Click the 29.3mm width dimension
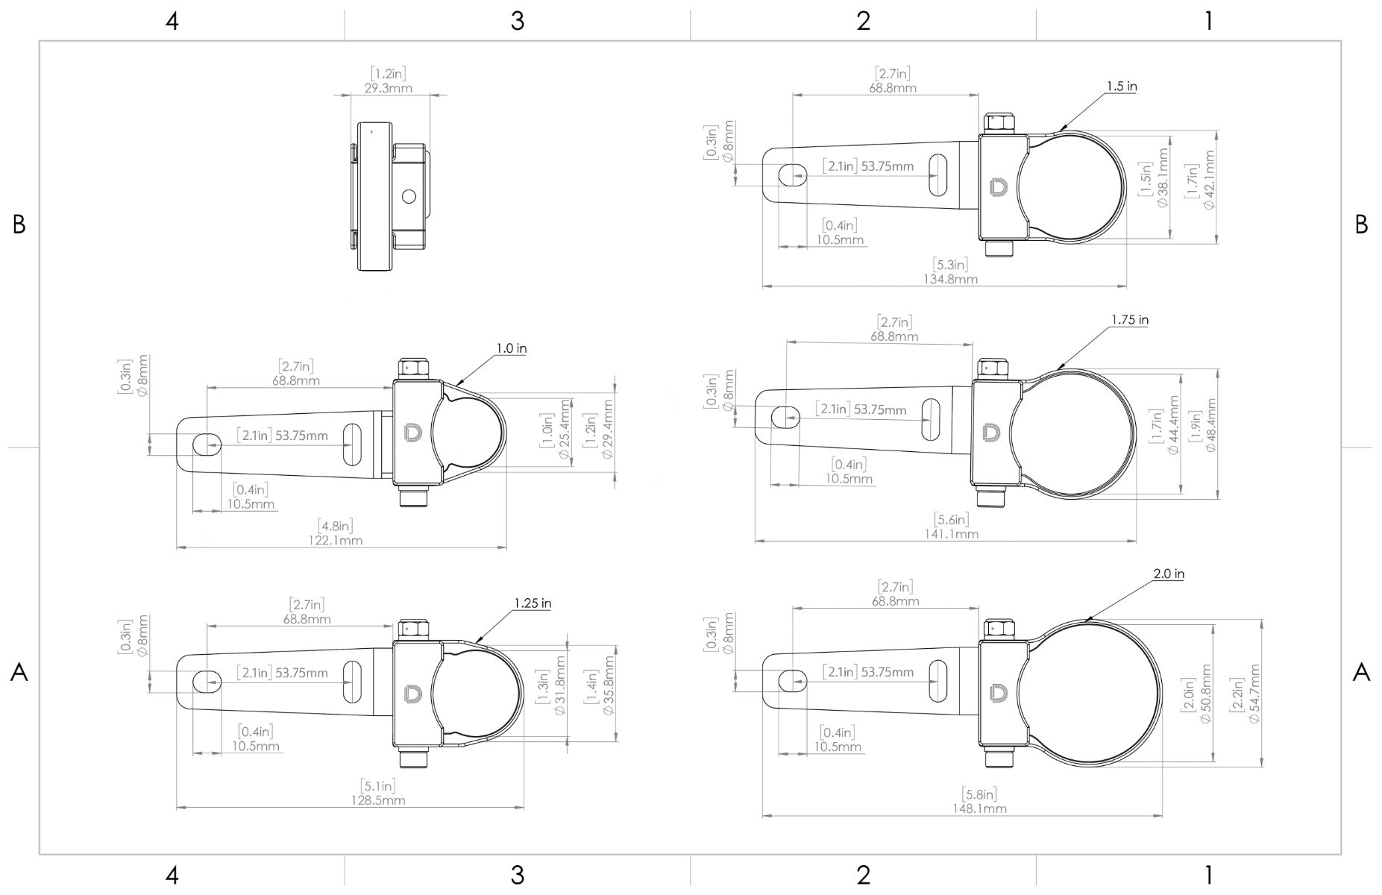pos(388,88)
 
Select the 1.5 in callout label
pos(1121,87)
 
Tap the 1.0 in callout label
pos(512,348)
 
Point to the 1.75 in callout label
pos(1129,320)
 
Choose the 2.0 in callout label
pos(1168,574)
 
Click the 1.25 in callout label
pos(532,603)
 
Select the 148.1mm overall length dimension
pos(979,808)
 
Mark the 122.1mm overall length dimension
pos(336,540)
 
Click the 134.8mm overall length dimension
pos(950,279)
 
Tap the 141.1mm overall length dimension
pos(951,534)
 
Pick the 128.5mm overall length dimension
pos(378,800)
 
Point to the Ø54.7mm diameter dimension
pos(1254,694)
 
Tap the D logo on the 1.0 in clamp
pos(412,433)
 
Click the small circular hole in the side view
pos(408,197)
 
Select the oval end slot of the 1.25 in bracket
pos(207,681)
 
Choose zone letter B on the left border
pos(19,224)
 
